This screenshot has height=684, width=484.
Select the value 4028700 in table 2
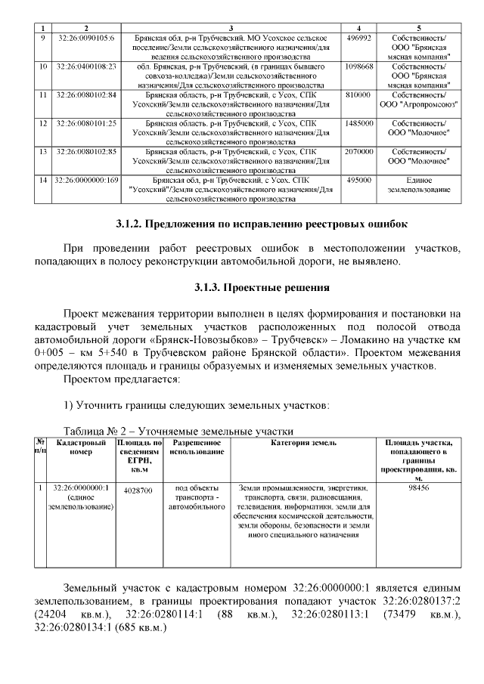pos(138,491)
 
